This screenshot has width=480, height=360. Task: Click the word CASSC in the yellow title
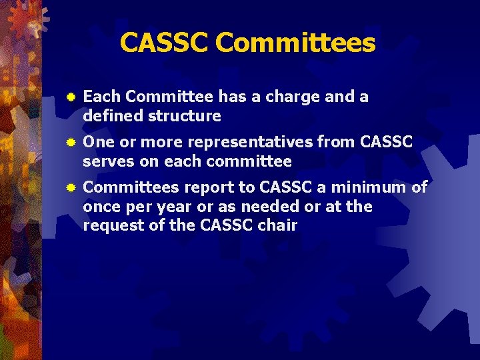[x=165, y=43]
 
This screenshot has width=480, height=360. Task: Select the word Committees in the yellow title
[x=295, y=43]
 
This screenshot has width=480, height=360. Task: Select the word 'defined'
[x=113, y=116]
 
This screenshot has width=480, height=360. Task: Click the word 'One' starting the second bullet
[x=99, y=142]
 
